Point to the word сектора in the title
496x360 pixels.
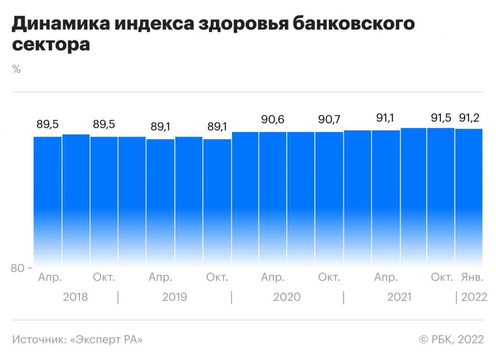[x=51, y=45]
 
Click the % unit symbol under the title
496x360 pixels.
[x=16, y=69]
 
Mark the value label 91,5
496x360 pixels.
[x=442, y=118]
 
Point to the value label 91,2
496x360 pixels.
[x=469, y=118]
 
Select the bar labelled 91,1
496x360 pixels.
[x=386, y=199]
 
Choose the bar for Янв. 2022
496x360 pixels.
[x=469, y=199]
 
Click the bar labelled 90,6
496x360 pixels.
[x=272, y=199]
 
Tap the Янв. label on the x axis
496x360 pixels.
[x=471, y=278]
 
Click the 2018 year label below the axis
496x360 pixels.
[x=76, y=297]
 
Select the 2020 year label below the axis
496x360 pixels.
[x=287, y=297]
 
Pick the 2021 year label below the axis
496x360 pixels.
[x=400, y=297]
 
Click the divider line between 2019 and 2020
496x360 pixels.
[x=231, y=297]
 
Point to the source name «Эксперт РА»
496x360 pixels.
[x=107, y=340]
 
